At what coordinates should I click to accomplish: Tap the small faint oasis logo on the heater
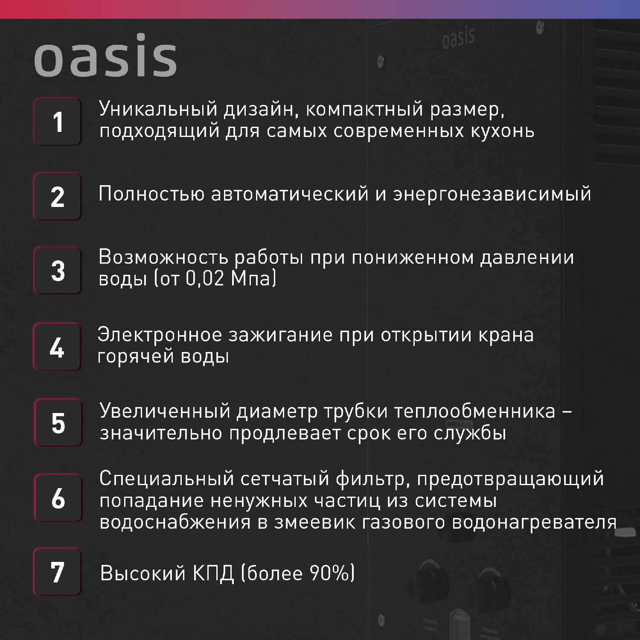click(x=459, y=37)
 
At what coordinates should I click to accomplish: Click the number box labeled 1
click(x=57, y=122)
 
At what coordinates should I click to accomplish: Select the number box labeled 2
click(x=57, y=196)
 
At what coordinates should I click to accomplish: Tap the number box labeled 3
click(x=57, y=270)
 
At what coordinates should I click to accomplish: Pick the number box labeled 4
click(x=57, y=347)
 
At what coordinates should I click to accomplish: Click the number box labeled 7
click(x=57, y=572)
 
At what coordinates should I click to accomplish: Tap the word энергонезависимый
click(x=492, y=194)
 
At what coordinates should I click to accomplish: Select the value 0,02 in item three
click(x=205, y=279)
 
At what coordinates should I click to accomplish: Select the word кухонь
click(x=502, y=131)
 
